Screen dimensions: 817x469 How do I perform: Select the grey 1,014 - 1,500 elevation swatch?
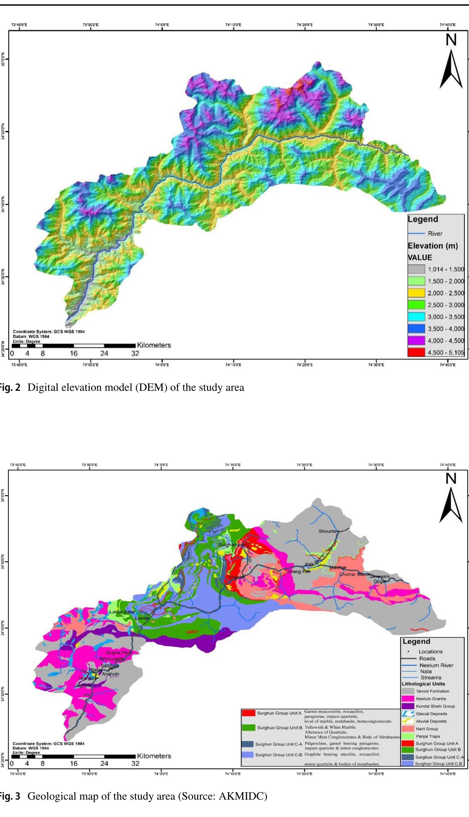[416, 269]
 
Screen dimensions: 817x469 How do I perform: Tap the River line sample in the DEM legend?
[416, 233]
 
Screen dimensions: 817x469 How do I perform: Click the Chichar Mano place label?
[354, 575]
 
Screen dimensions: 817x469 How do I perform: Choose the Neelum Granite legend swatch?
[408, 698]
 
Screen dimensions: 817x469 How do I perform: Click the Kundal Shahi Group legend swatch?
[408, 706]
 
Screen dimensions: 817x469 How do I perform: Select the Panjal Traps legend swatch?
[408, 736]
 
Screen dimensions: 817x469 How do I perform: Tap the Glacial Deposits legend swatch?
[408, 714]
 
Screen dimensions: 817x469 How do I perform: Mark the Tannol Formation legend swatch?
[408, 691]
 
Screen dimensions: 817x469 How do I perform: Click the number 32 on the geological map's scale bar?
[135, 763]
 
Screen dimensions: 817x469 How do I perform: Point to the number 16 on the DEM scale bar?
[73, 353]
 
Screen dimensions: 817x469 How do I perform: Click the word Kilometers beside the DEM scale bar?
[154, 345]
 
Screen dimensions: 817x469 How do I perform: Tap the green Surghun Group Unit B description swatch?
[248, 727]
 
